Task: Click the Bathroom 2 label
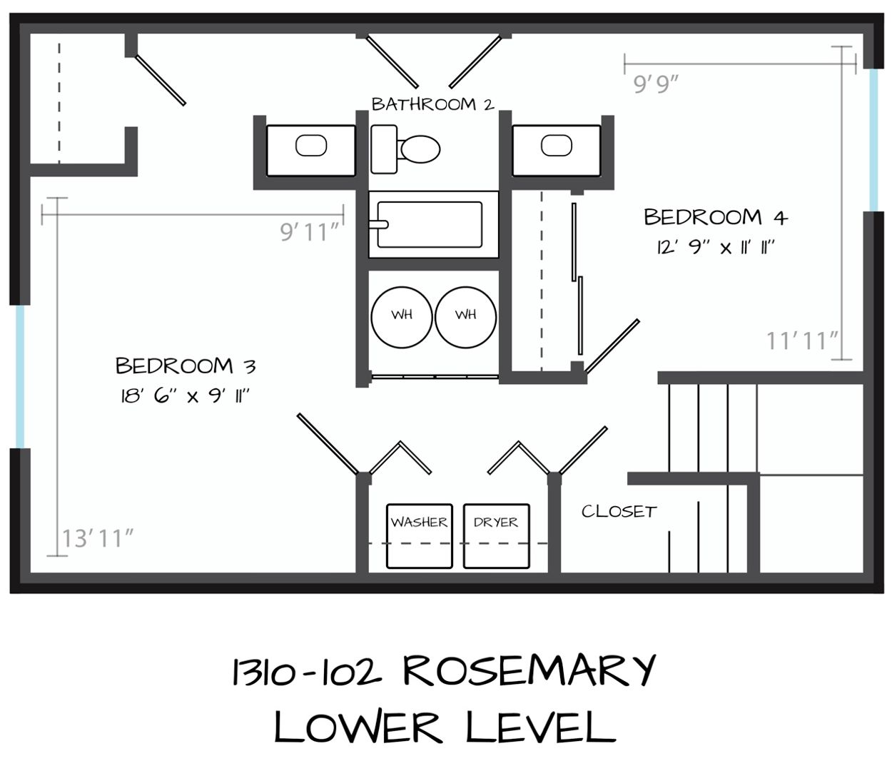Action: [x=433, y=104]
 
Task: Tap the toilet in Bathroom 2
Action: [x=405, y=149]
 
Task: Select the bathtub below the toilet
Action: [x=433, y=224]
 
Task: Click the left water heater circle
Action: [x=402, y=317]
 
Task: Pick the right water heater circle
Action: [x=466, y=317]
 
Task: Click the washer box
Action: [x=420, y=536]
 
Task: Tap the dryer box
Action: [x=496, y=536]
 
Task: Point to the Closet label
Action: [x=619, y=512]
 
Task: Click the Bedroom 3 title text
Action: [x=186, y=366]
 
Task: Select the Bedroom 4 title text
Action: [x=716, y=217]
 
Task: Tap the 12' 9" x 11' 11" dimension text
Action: [x=716, y=248]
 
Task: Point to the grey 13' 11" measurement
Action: [x=98, y=539]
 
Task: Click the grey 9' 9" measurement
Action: [x=657, y=84]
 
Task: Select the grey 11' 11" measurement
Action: [x=802, y=341]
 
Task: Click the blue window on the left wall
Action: [x=20, y=377]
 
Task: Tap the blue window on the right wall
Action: [x=873, y=140]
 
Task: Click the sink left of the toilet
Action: [x=311, y=146]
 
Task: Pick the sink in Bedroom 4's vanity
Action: [x=557, y=146]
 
